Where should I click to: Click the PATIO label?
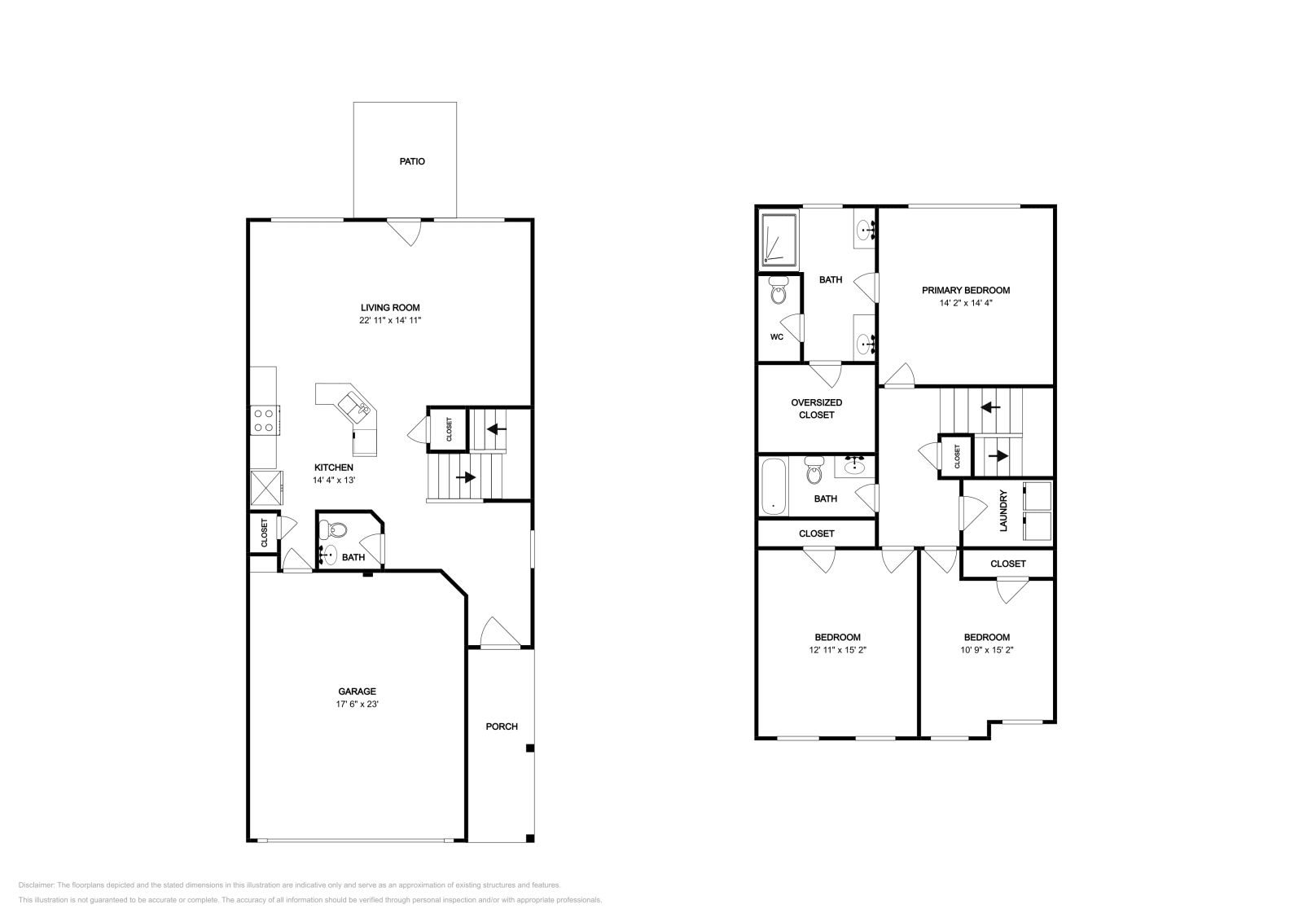click(411, 161)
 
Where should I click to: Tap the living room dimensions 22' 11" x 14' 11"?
click(390, 321)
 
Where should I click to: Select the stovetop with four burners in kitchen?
click(263, 420)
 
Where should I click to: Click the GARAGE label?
click(357, 691)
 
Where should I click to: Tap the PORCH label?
click(502, 727)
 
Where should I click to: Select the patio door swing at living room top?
click(404, 231)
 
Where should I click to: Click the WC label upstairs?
click(776, 336)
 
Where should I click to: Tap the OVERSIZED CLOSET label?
click(816, 409)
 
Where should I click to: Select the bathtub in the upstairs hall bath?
click(774, 487)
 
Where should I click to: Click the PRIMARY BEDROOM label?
click(966, 290)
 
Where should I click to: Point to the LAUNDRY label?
click(1003, 511)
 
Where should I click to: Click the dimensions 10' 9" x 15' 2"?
click(986, 650)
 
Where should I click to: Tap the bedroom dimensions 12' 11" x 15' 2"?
click(837, 650)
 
